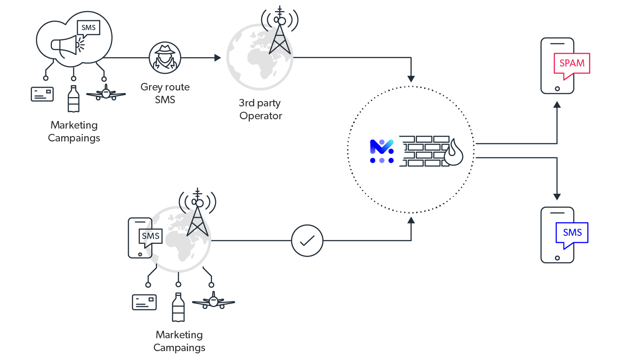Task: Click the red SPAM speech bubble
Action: [x=572, y=64]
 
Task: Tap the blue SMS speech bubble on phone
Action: [x=572, y=234]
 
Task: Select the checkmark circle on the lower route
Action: [x=307, y=241]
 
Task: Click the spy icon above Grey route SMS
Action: [x=165, y=57]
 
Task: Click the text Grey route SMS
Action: [x=165, y=93]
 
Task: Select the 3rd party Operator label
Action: [x=260, y=110]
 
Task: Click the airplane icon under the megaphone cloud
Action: [x=106, y=94]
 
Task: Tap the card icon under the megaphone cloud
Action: [x=42, y=94]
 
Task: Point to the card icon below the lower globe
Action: [x=144, y=302]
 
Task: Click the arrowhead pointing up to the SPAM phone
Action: [x=557, y=105]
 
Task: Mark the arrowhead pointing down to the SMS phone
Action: [x=557, y=197]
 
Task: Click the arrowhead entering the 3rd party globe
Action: [x=217, y=58]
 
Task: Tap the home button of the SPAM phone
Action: [x=557, y=89]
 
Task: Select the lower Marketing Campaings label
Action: [x=179, y=340]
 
